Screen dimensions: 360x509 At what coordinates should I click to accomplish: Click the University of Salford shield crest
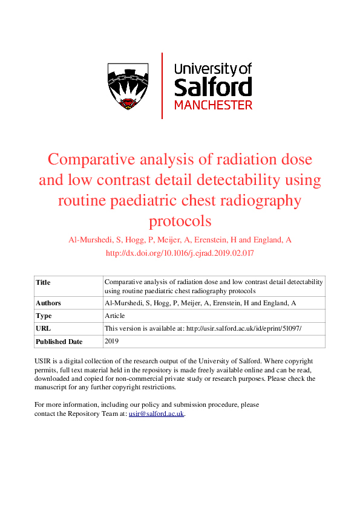tap(128, 86)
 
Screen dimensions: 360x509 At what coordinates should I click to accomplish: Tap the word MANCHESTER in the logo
tap(213, 105)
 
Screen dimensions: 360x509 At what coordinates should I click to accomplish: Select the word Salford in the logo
tap(212, 86)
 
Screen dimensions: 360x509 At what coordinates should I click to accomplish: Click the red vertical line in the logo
tap(162, 85)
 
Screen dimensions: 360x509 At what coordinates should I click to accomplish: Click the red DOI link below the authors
tap(180, 254)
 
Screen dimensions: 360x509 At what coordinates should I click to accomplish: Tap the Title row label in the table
tap(43, 282)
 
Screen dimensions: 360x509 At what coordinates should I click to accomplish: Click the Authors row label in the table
tap(48, 303)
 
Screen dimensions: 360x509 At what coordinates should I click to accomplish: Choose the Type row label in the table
tap(44, 316)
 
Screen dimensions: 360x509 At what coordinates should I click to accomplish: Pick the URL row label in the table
tap(43, 329)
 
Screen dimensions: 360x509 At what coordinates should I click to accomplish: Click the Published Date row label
tap(59, 342)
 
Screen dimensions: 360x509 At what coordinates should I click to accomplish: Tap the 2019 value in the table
tap(112, 342)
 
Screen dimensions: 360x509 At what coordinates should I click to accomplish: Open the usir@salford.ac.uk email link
tap(156, 414)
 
